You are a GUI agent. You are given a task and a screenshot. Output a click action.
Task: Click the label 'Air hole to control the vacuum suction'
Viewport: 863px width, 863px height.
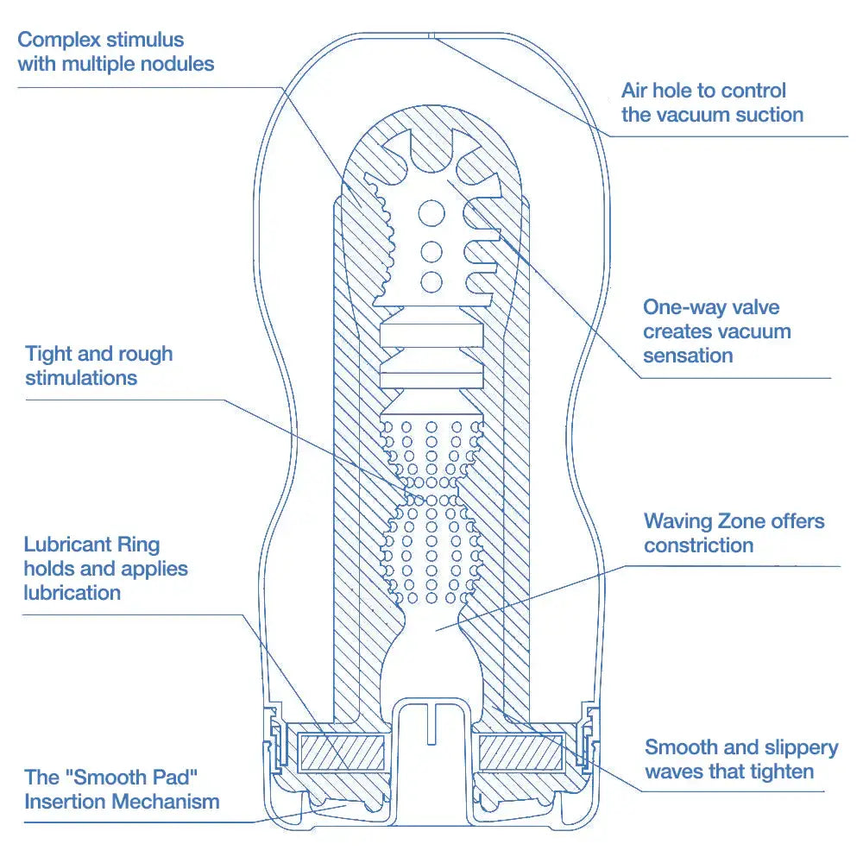click(x=711, y=103)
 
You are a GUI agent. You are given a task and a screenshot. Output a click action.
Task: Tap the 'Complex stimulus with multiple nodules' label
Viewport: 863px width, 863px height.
click(x=116, y=52)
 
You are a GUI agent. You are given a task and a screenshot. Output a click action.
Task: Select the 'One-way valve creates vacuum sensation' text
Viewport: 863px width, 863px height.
click(x=716, y=331)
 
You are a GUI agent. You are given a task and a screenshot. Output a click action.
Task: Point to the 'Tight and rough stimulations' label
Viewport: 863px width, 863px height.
click(x=98, y=366)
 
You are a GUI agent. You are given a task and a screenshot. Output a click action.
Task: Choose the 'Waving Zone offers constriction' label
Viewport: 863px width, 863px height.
click(x=734, y=533)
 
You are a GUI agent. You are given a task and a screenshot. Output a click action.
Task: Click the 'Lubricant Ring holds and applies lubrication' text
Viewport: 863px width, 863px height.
click(x=105, y=569)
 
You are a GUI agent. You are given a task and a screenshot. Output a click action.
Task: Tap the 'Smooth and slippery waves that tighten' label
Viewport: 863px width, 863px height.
click(x=740, y=759)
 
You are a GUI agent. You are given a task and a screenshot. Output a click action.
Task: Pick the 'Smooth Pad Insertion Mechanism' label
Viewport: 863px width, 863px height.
click(x=122, y=790)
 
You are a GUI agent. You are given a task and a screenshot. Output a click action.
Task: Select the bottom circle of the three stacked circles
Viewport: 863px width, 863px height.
click(x=430, y=280)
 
